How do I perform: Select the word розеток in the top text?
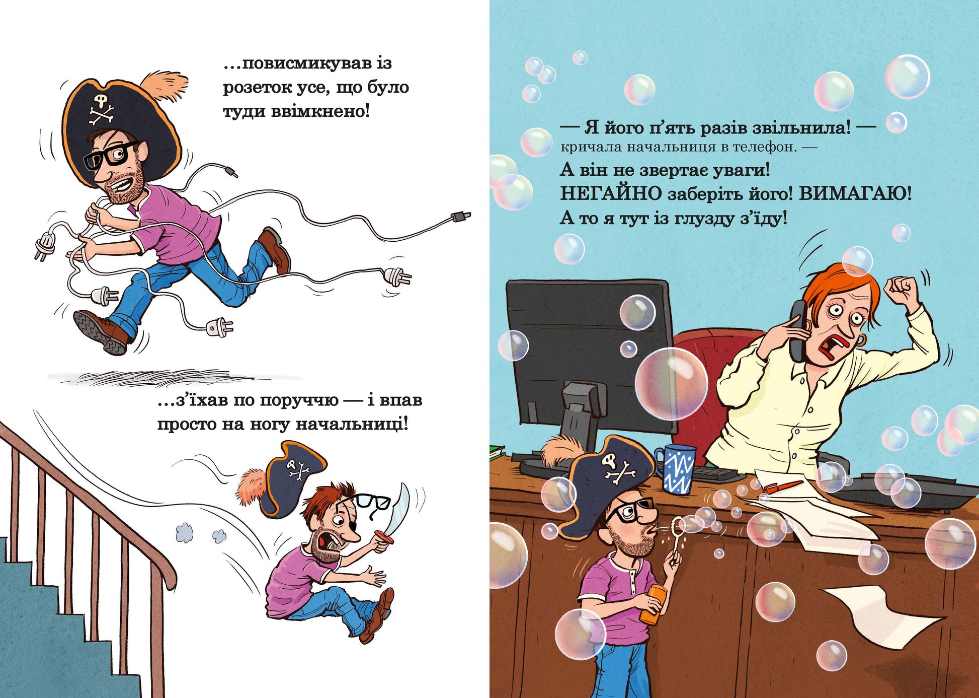[x=257, y=88]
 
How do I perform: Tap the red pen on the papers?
[x=783, y=486]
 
